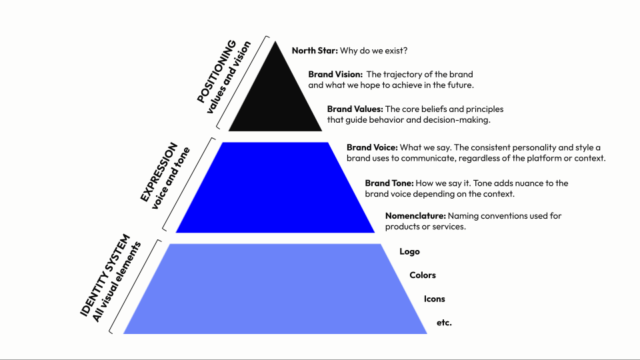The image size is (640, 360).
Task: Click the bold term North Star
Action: click(315, 50)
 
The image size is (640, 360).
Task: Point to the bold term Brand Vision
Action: click(335, 75)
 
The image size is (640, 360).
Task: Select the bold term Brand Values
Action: click(355, 109)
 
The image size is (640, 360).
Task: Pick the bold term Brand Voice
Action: click(372, 147)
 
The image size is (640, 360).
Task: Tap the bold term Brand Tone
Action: click(389, 183)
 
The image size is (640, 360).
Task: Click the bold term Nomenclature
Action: click(415, 216)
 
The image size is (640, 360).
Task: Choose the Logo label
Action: click(410, 251)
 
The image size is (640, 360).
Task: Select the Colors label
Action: click(422, 275)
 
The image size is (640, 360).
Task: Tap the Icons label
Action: click(435, 299)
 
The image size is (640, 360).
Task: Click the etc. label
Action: click(444, 323)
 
